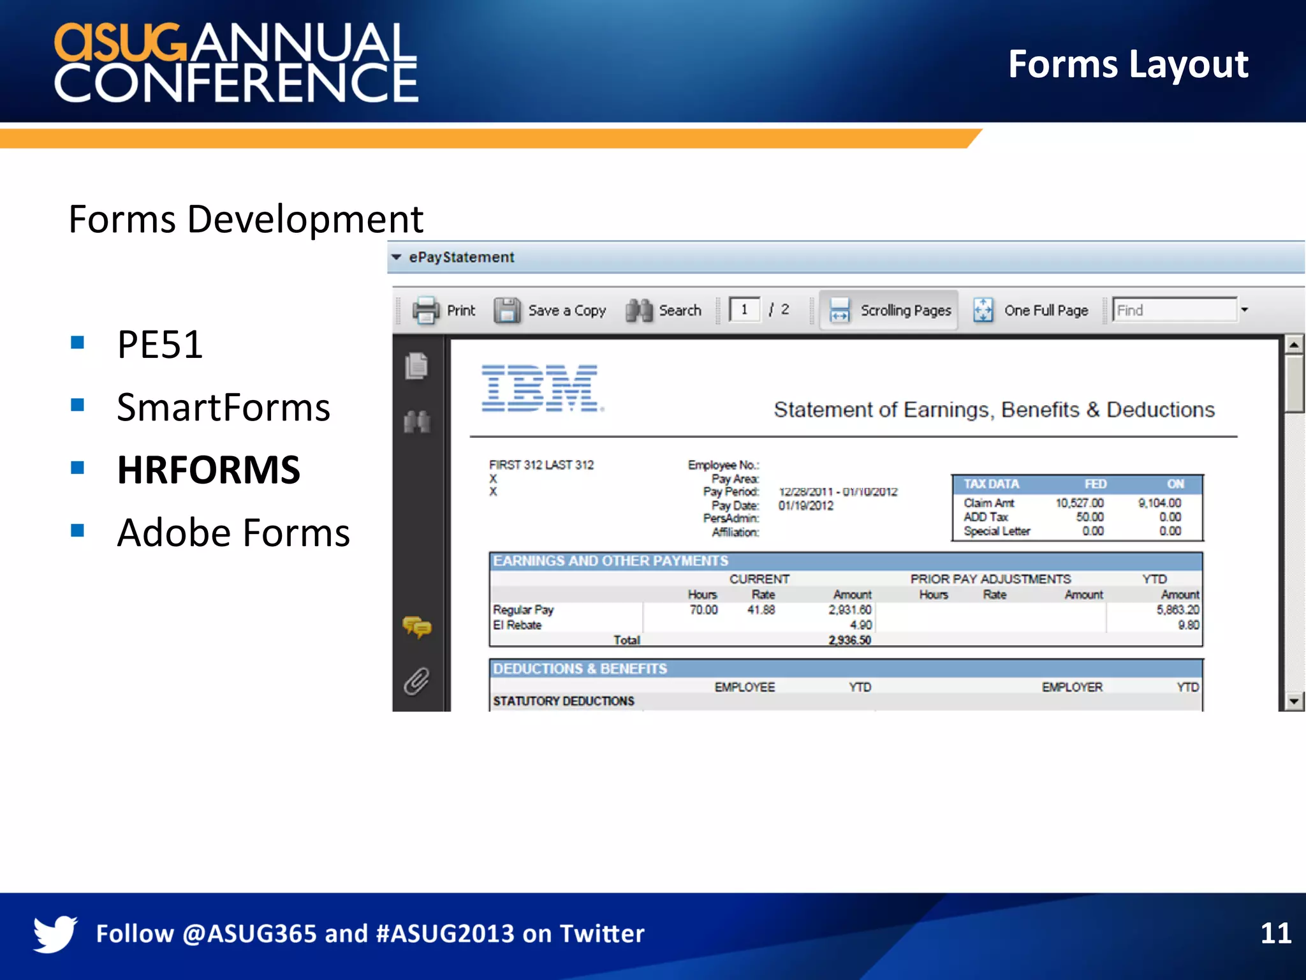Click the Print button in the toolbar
coord(444,311)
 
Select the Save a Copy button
coord(550,311)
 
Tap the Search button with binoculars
coord(663,311)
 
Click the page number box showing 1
coord(744,310)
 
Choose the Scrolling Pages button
coord(890,311)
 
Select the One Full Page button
coord(1031,311)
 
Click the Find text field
coord(1174,310)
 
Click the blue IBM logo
coord(540,389)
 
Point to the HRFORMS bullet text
coord(209,470)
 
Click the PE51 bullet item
coord(160,345)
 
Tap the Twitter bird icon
coord(55,933)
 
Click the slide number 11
coord(1275,933)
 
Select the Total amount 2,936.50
coord(849,640)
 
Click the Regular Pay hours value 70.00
coord(703,610)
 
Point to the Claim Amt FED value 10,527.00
coord(1079,503)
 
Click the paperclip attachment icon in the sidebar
coord(416,681)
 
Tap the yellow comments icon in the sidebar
coord(416,627)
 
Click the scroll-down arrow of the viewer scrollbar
coord(1293,701)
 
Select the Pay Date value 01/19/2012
coord(805,506)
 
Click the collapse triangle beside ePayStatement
coord(397,257)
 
